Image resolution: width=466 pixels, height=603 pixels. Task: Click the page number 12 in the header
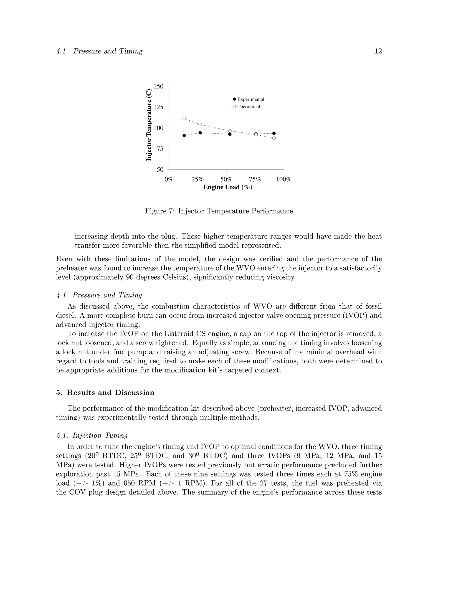378,51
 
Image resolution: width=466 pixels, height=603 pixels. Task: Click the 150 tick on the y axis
158,86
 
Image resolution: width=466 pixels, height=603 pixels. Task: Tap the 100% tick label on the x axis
284,180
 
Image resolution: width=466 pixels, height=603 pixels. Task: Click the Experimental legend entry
250,99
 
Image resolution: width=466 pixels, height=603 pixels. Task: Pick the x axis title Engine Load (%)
228,187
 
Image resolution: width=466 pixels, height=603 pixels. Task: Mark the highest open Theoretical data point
184,119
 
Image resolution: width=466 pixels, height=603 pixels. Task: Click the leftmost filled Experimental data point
184,136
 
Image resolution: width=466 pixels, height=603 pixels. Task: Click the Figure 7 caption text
219,211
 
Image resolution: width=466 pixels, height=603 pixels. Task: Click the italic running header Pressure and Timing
108,51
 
